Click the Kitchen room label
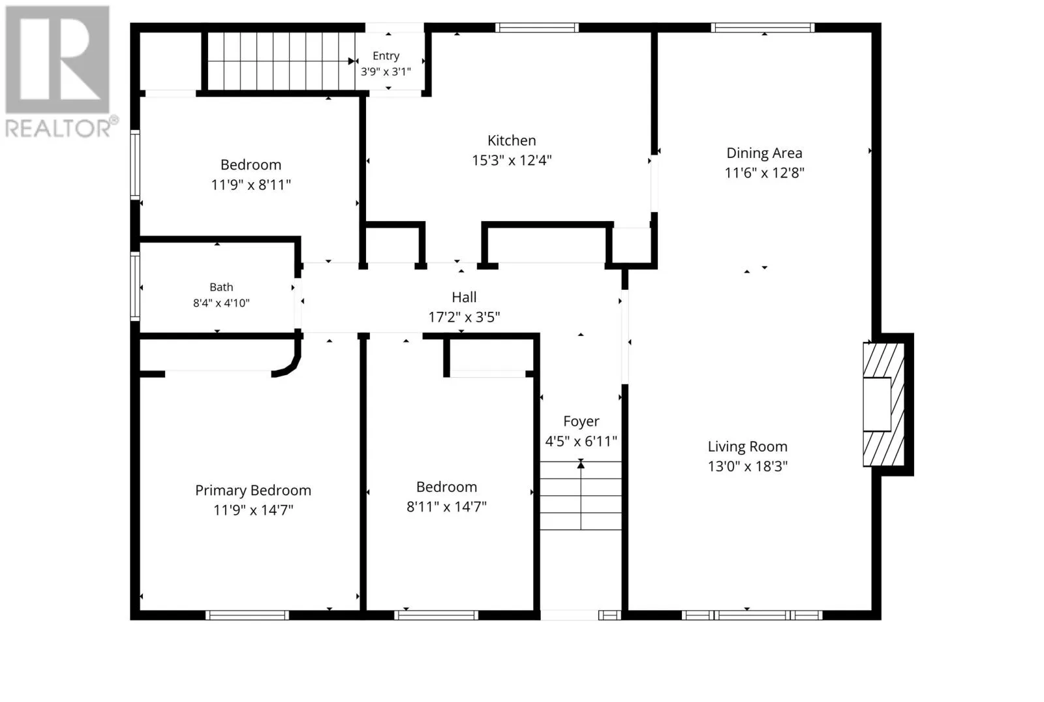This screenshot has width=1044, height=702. click(512, 140)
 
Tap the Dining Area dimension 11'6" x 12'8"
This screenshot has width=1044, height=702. click(764, 173)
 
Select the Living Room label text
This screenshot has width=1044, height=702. click(748, 446)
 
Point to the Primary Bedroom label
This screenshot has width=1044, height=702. click(253, 491)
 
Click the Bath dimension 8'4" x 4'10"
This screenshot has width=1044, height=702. click(221, 303)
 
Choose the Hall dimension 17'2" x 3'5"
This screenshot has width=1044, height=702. click(464, 318)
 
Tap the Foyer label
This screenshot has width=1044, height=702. click(581, 421)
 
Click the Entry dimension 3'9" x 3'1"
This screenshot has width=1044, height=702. click(386, 72)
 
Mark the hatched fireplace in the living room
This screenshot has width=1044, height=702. click(883, 404)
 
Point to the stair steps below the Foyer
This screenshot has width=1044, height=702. click(581, 495)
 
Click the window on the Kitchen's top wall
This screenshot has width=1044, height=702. click(537, 27)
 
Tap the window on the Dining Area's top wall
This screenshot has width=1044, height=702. click(763, 27)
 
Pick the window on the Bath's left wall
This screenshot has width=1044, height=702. click(135, 286)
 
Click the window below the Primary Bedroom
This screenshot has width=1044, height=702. click(247, 615)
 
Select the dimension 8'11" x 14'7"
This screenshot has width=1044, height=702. click(446, 507)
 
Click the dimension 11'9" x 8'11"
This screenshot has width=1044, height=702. click(251, 185)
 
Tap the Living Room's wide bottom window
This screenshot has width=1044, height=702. click(752, 615)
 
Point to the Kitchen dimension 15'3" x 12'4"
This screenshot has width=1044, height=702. click(512, 160)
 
